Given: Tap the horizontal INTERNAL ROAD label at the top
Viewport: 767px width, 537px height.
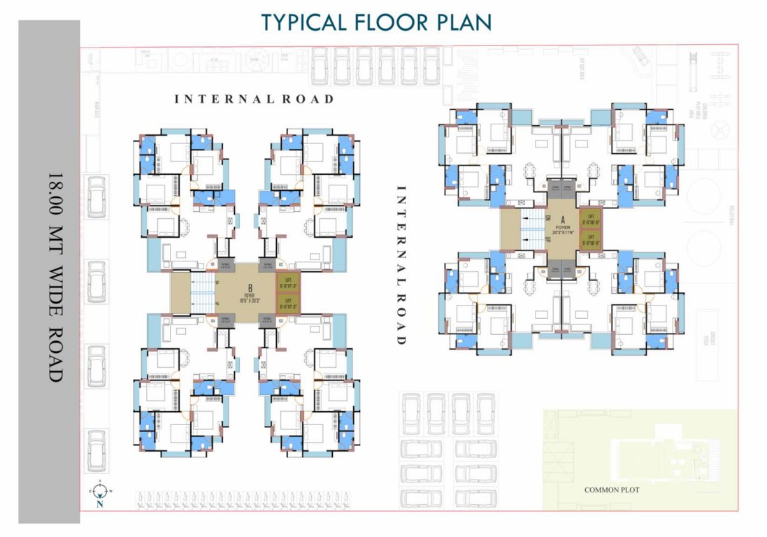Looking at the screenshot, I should pyautogui.click(x=254, y=99).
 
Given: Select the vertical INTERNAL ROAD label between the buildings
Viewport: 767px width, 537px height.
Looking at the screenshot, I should pyautogui.click(x=401, y=265).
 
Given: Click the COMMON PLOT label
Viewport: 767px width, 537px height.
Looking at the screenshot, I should pyautogui.click(x=612, y=490).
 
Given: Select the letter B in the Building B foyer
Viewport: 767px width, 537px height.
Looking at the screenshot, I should pyautogui.click(x=249, y=287).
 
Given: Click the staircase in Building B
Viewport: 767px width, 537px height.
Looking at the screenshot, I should pyautogui.click(x=202, y=293).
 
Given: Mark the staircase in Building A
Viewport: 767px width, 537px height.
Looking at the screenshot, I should pyautogui.click(x=533, y=229).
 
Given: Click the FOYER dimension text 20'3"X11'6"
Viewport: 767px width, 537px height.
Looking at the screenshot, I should pyautogui.click(x=561, y=232).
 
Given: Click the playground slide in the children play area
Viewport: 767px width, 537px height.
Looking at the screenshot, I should pyautogui.click(x=693, y=70).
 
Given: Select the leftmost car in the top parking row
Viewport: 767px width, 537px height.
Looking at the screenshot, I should pyautogui.click(x=320, y=66).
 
